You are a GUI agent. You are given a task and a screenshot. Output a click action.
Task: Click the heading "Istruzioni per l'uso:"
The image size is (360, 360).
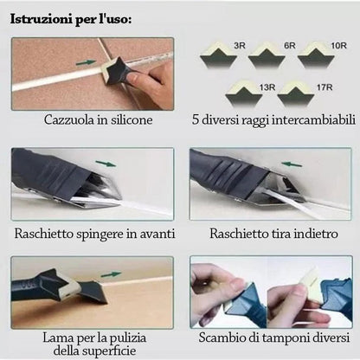coord(71,19)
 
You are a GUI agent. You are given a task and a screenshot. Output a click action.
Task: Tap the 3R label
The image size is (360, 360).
coord(240,46)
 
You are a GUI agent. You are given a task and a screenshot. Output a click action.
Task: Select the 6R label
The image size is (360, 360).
coord(290,46)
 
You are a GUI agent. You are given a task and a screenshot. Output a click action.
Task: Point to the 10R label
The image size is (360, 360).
coord(338,46)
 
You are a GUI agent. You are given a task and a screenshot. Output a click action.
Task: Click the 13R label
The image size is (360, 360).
coord(267,87)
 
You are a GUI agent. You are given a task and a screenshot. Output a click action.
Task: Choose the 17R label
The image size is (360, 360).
coord(325,87)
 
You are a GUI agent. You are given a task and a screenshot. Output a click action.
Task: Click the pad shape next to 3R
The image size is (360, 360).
coord(218,55)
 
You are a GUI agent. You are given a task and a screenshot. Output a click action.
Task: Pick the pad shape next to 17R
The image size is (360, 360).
coord(297,94)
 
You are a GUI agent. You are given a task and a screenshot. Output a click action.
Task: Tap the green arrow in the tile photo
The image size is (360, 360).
coord(86,62)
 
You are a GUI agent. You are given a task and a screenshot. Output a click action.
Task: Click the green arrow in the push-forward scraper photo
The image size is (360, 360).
coord(106,164)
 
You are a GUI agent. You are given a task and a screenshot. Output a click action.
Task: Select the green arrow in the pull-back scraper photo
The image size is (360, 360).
coord(292,164)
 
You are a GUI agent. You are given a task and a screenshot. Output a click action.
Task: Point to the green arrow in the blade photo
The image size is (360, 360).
coord(111,274)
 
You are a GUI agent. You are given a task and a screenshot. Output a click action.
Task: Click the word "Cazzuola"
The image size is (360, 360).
coord(69,119)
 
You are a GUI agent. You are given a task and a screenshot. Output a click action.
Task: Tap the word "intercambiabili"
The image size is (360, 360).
coord(314,119)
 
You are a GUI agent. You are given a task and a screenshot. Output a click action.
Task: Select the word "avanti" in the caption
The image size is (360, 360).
coord(157,234)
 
